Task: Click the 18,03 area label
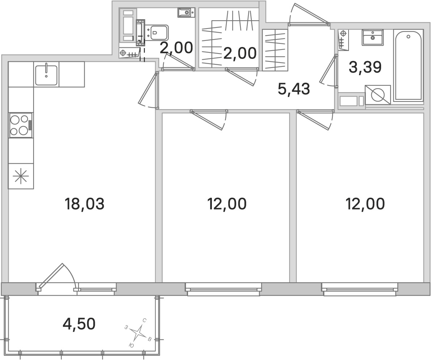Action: [x=84, y=204]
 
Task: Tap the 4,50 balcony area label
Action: [x=79, y=324]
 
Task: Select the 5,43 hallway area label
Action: [x=294, y=89]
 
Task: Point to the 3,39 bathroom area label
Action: [x=365, y=67]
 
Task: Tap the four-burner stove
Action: [x=21, y=125]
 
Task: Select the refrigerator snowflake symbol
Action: [x=21, y=176]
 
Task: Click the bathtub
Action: [x=408, y=65]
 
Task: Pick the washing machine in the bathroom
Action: [x=378, y=95]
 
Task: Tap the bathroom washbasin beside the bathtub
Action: [x=373, y=37]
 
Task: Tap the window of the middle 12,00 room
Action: [x=223, y=290]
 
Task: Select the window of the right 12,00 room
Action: [x=360, y=290]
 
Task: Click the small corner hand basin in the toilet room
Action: [x=186, y=12]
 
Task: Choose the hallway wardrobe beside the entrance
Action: [x=275, y=50]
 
